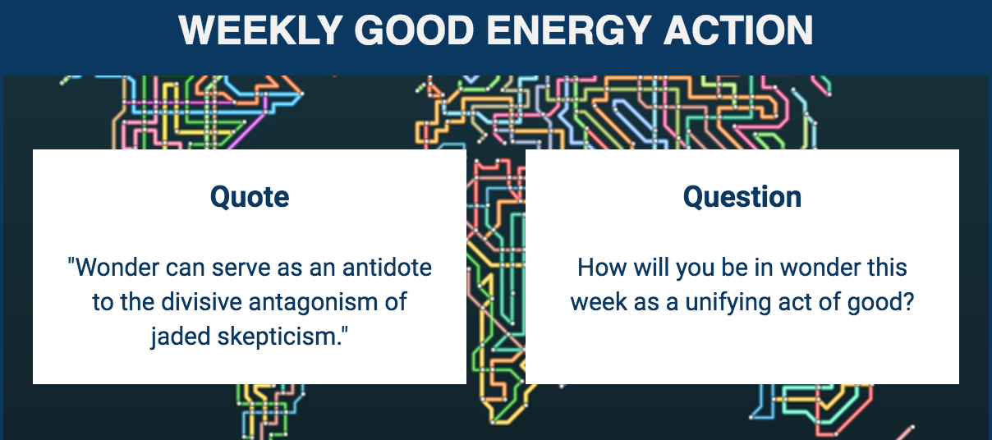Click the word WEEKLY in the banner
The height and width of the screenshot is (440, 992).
click(260, 30)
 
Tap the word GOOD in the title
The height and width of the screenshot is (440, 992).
click(415, 30)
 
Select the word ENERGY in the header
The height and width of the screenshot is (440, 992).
click(569, 30)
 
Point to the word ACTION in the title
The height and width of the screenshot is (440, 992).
click(738, 30)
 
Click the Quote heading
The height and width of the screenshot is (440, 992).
click(250, 197)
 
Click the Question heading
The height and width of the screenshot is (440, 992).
click(742, 197)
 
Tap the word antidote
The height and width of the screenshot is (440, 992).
click(387, 268)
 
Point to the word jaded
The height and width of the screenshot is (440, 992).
click(180, 337)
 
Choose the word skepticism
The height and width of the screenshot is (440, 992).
click(279, 337)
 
